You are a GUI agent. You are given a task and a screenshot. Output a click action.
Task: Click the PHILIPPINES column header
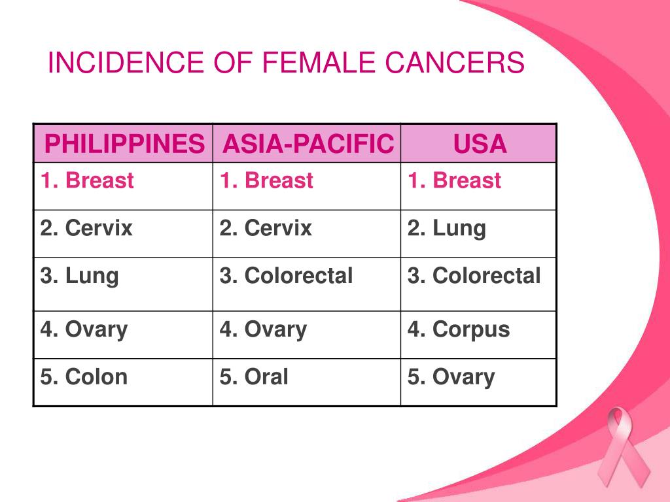pyautogui.click(x=124, y=144)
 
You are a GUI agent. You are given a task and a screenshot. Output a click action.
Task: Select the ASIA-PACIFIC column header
pyautogui.click(x=308, y=144)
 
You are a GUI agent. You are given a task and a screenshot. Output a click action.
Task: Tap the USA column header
pyautogui.click(x=480, y=144)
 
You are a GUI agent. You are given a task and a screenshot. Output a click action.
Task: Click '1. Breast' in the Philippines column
pyautogui.click(x=87, y=180)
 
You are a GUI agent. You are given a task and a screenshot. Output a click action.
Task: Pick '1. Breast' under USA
pyautogui.click(x=455, y=180)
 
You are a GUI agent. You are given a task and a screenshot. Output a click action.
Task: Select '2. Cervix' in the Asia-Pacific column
pyautogui.click(x=266, y=228)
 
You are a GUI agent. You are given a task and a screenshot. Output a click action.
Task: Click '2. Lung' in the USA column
pyautogui.click(x=447, y=228)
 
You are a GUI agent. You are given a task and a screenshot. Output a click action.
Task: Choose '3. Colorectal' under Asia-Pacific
pyautogui.click(x=287, y=276)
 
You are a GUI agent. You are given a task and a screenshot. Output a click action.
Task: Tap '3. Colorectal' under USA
pyautogui.click(x=474, y=276)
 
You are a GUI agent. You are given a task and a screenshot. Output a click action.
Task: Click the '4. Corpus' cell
pyautogui.click(x=459, y=329)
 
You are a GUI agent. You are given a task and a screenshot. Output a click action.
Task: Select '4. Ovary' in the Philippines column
pyautogui.click(x=84, y=329)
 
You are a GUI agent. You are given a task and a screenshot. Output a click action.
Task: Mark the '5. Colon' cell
pyautogui.click(x=84, y=377)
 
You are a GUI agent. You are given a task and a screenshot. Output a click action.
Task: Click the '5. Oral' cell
pyautogui.click(x=254, y=377)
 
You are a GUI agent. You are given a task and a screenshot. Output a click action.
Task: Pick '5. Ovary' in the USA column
pyautogui.click(x=451, y=377)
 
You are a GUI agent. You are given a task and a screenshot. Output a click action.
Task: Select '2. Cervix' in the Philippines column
pyautogui.click(x=86, y=228)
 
